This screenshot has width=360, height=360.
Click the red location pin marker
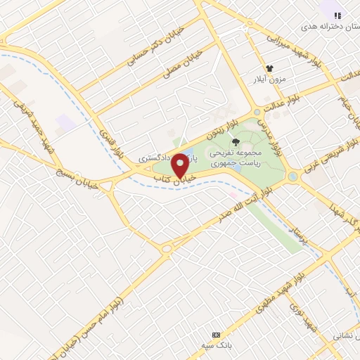180,165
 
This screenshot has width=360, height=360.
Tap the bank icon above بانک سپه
216,335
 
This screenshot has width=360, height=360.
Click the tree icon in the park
235,142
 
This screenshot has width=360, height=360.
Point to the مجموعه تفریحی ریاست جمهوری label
239,157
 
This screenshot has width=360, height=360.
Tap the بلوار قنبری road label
105,145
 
